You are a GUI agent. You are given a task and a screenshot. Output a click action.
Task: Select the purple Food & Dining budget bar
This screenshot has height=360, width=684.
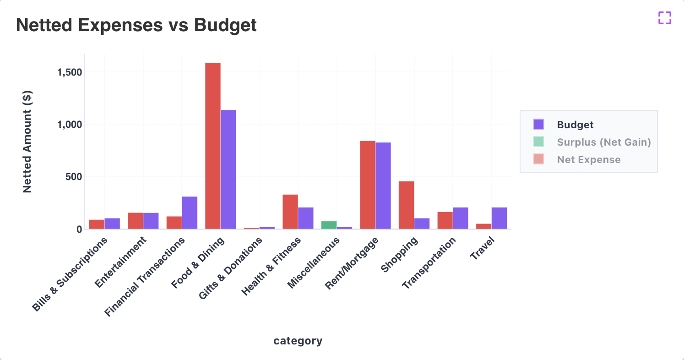coord(228,169)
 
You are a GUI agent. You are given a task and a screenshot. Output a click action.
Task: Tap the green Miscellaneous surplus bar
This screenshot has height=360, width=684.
coord(329,225)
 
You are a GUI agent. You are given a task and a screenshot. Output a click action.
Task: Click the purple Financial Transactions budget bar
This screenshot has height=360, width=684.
coord(190,213)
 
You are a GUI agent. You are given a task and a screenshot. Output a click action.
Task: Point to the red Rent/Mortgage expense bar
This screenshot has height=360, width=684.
coord(368,185)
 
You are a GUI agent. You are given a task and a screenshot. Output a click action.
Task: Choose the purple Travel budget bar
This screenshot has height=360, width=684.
coord(499,218)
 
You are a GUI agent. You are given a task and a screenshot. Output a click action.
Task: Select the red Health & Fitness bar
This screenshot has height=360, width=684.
coord(290,212)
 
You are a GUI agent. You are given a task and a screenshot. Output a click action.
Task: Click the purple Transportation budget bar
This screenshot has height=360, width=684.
coord(461,218)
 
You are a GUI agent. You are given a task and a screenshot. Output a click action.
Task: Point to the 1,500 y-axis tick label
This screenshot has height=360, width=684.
coord(69,72)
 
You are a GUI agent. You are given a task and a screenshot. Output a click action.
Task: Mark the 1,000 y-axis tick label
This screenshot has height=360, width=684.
coord(69,125)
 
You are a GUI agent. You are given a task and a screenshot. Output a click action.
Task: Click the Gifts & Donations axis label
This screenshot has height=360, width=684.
coord(231,268)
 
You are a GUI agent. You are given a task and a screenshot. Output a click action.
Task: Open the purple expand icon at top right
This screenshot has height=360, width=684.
coord(665,18)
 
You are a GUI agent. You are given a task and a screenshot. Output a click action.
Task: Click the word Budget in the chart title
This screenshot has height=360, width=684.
coord(225,25)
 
